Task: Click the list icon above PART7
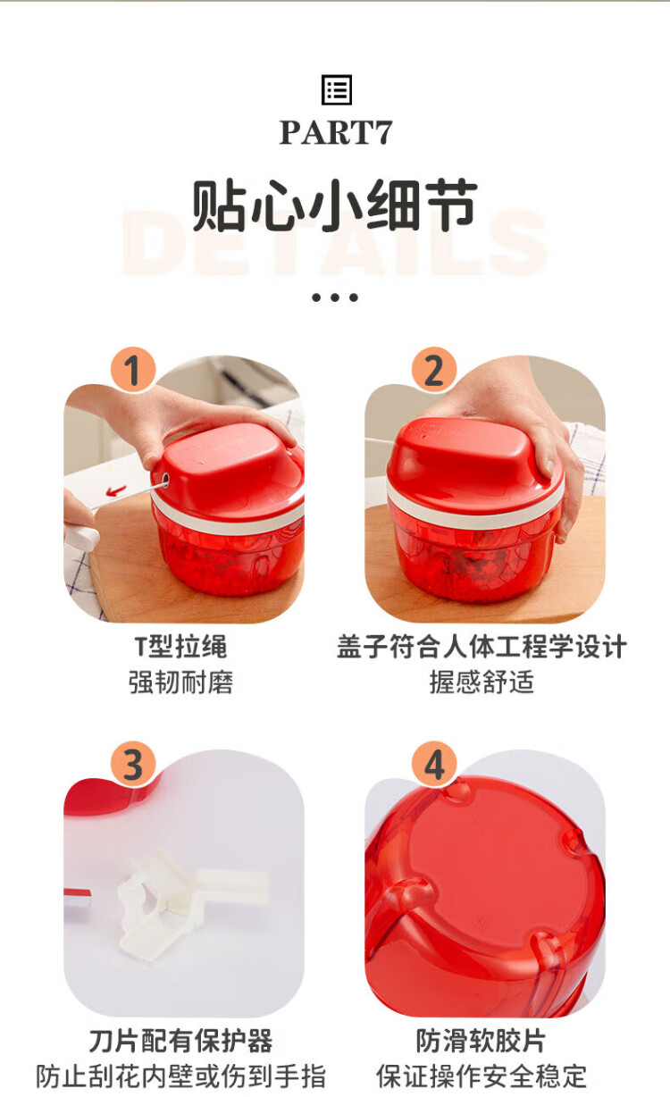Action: pyautogui.click(x=337, y=89)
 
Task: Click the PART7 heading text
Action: pyautogui.click(x=336, y=132)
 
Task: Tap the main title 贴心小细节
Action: pyautogui.click(x=334, y=205)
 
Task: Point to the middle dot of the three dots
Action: pyautogui.click(x=335, y=297)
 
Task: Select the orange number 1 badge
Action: pyautogui.click(x=133, y=370)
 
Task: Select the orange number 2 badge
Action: pyautogui.click(x=434, y=370)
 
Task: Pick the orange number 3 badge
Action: pyautogui.click(x=133, y=765)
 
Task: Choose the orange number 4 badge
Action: pyautogui.click(x=434, y=765)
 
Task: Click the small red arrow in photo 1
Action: pyautogui.click(x=116, y=490)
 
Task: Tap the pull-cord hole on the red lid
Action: pyautogui.click(x=165, y=480)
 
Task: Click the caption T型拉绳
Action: pyautogui.click(x=180, y=647)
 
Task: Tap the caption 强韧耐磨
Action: pyautogui.click(x=180, y=682)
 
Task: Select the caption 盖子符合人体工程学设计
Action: pyautogui.click(x=482, y=647)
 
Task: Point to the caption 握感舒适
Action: pyautogui.click(x=482, y=682)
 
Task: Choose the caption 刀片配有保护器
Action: pyautogui.click(x=180, y=1041)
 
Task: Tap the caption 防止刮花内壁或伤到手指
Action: pyautogui.click(x=180, y=1076)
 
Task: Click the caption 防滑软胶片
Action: pyautogui.click(x=481, y=1041)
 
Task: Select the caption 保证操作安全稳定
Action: pyautogui.click(x=481, y=1076)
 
